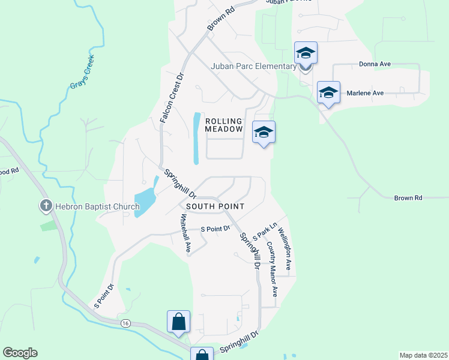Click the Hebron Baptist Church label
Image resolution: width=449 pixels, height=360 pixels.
point(97,207)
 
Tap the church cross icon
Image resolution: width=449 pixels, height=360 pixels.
point(46,206)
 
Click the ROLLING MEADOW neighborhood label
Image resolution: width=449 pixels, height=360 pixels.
point(224,125)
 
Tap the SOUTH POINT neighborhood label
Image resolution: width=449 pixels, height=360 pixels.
point(215,206)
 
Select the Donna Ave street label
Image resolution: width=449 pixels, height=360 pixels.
point(375,64)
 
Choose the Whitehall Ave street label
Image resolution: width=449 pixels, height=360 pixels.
point(185,235)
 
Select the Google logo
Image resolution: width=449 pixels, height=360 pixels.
point(20,353)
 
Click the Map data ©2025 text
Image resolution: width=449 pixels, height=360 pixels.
point(423,355)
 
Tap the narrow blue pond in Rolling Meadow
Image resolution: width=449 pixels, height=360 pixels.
point(196,139)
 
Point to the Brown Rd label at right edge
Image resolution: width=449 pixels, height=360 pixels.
point(408,198)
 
